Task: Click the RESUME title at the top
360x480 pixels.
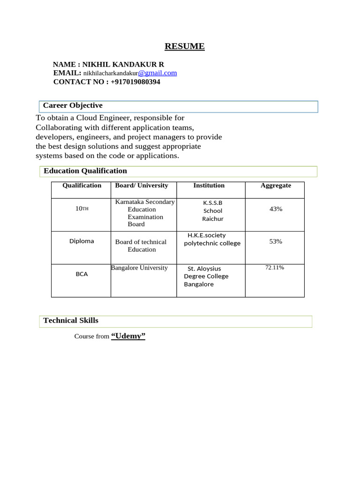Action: click(184, 46)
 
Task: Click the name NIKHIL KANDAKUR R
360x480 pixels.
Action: click(123, 64)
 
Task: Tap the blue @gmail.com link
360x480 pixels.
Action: click(157, 73)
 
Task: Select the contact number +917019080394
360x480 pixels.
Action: click(135, 82)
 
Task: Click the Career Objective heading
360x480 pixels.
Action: click(73, 105)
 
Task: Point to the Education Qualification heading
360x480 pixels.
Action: click(85, 171)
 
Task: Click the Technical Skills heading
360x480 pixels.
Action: click(71, 320)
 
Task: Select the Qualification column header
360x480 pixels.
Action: click(82, 185)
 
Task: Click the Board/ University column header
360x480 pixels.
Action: click(142, 185)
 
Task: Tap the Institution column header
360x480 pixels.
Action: click(209, 185)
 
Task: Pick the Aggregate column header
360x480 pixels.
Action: click(276, 185)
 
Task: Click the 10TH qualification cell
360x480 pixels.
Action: click(82, 209)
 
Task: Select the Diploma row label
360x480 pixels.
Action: click(82, 241)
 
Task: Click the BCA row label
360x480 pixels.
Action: click(82, 274)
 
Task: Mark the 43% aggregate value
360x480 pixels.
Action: click(276, 209)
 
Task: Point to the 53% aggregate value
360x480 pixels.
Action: click(276, 241)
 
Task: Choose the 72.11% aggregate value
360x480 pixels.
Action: click(275, 267)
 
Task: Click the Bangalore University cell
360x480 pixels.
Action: click(139, 268)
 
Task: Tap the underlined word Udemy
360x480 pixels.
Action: click(128, 336)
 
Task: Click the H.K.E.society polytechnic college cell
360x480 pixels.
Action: click(212, 239)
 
